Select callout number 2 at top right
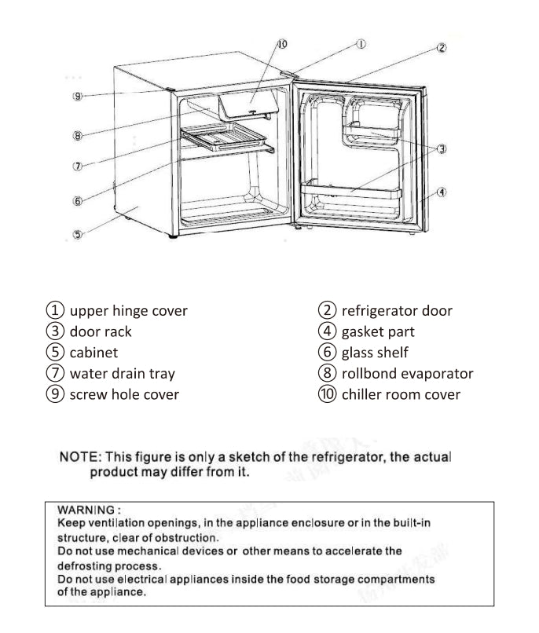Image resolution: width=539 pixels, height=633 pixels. [x=442, y=49]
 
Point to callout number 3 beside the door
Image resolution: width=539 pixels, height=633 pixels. [x=442, y=148]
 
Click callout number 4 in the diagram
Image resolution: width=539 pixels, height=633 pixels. [x=442, y=192]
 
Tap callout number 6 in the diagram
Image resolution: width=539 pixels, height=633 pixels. [x=77, y=201]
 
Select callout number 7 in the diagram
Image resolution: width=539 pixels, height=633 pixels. [x=77, y=166]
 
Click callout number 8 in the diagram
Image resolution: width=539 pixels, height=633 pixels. [x=77, y=136]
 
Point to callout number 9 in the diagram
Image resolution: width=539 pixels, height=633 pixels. [x=77, y=96]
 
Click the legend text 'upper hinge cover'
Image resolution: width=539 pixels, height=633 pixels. [x=129, y=311]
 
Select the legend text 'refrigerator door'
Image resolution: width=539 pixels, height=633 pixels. [x=397, y=311]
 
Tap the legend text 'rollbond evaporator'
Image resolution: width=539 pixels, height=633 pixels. [x=407, y=374]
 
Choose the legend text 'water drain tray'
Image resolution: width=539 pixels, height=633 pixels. [x=123, y=374]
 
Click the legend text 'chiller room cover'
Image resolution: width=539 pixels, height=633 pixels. [x=401, y=395]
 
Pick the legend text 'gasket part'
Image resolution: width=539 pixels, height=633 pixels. [x=378, y=332]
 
